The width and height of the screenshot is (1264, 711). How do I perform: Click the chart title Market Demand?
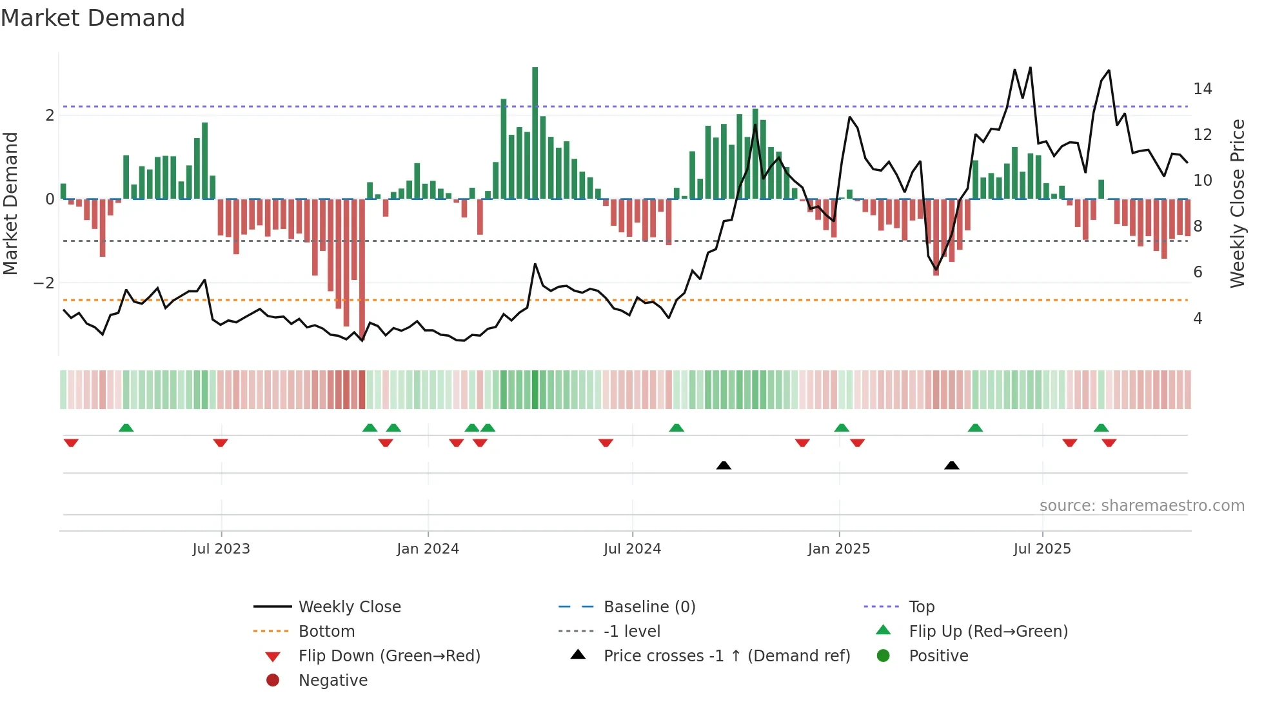(93, 18)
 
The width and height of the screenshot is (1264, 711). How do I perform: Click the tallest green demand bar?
(535, 132)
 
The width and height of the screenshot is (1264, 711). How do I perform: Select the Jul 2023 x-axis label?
(221, 549)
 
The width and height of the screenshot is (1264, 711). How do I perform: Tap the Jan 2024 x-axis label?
(428, 549)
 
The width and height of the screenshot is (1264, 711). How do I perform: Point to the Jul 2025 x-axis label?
(1042, 549)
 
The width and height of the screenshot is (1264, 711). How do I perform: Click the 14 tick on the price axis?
(1202, 89)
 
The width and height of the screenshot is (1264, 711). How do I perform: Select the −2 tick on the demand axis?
(44, 283)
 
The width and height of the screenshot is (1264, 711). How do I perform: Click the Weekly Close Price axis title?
(1237, 203)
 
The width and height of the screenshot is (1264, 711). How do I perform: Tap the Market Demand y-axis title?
(11, 203)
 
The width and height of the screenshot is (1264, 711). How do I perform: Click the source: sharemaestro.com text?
(1141, 506)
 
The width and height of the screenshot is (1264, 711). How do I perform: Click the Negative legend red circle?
(273, 681)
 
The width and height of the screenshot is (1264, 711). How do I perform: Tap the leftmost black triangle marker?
(724, 465)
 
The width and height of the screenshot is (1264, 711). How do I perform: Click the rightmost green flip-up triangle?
(1101, 428)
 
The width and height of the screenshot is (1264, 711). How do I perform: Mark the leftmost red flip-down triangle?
(71, 443)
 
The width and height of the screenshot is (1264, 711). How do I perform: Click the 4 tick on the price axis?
(1198, 319)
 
